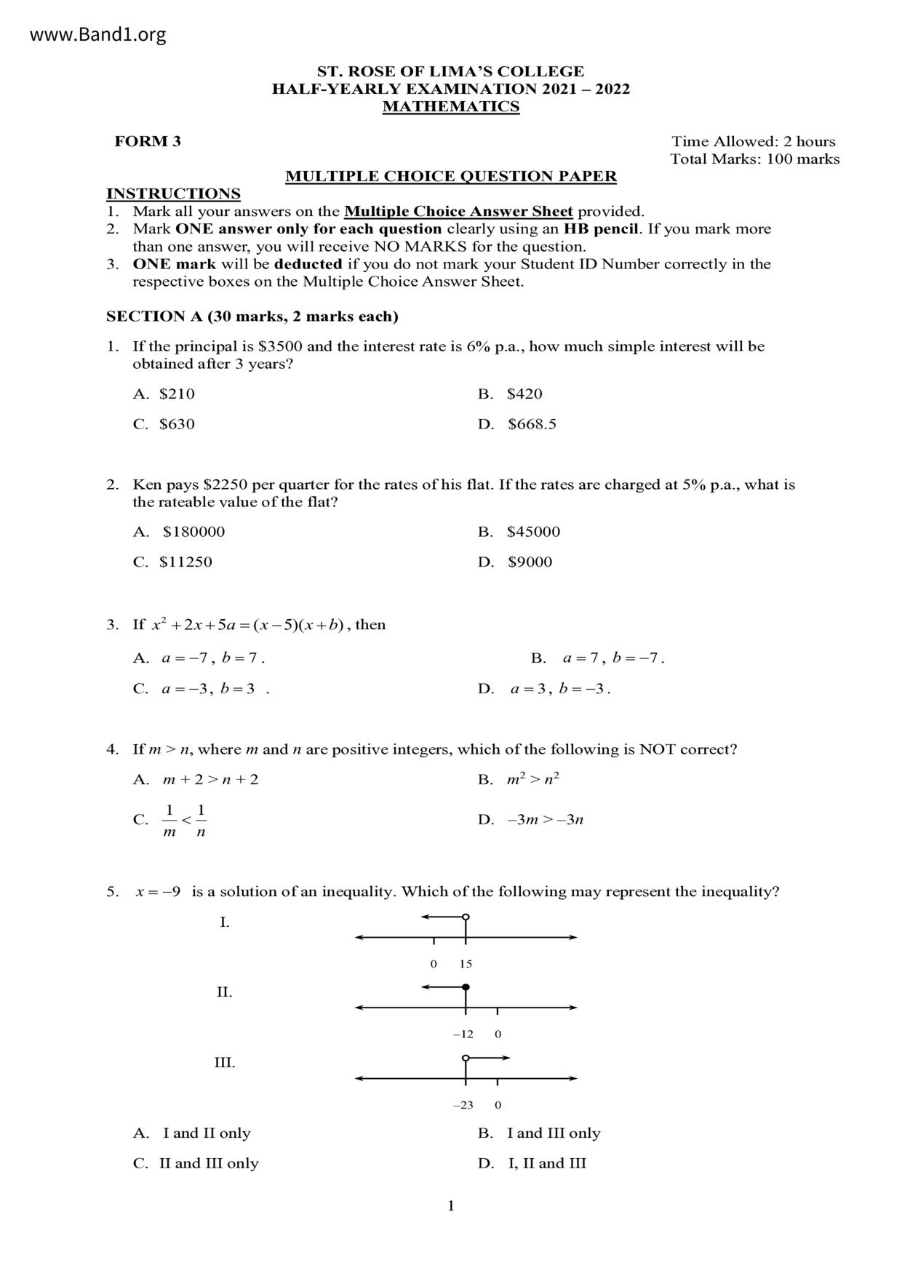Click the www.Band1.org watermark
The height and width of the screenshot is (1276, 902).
tap(97, 34)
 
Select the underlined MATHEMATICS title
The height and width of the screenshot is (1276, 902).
tap(451, 107)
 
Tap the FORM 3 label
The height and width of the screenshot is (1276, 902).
tap(148, 142)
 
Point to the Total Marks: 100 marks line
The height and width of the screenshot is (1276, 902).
tap(754, 159)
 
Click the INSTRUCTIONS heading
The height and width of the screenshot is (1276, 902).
tap(173, 194)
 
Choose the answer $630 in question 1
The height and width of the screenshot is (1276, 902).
tap(177, 424)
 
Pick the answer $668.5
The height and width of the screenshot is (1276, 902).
tap(532, 424)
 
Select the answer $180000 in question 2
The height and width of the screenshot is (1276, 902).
tap(193, 532)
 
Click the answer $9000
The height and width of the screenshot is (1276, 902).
tap(530, 562)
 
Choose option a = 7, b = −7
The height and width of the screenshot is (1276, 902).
tap(612, 658)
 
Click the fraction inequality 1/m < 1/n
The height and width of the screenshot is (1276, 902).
tap(185, 820)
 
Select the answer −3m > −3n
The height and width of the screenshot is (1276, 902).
tap(545, 820)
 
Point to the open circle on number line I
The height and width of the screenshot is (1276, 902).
tap(466, 917)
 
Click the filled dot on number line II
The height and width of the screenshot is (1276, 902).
tap(466, 987)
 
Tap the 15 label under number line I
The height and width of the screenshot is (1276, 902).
tap(466, 964)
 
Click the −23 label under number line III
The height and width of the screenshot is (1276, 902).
tap(463, 1105)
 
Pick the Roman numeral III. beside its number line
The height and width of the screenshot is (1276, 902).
tap(224, 1063)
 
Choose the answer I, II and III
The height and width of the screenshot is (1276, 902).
tap(546, 1163)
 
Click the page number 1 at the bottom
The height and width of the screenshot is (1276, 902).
tap(451, 1206)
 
